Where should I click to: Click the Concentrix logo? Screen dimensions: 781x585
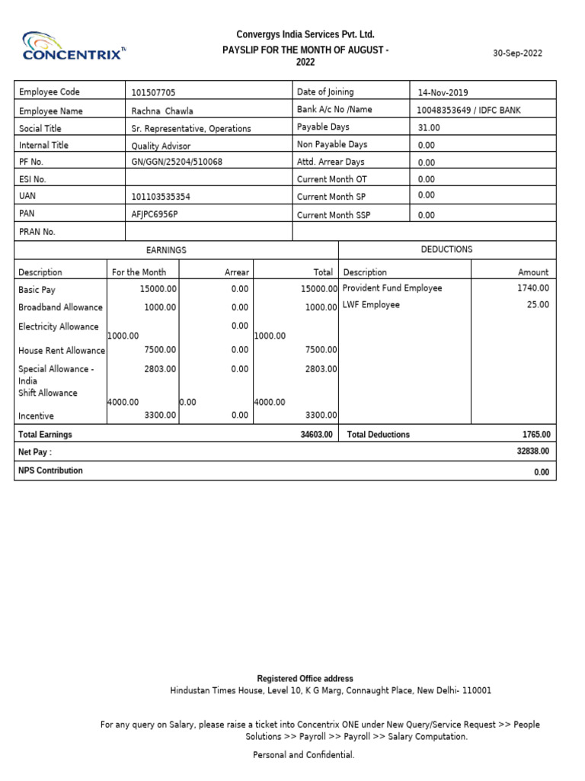[75, 46]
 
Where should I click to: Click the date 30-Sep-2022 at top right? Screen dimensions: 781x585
[518, 53]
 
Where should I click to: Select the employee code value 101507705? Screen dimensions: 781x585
[153, 93]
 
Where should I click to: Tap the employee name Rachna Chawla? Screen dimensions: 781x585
[162, 111]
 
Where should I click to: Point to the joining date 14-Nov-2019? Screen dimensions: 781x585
[443, 93]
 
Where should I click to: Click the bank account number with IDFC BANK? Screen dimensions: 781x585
[468, 110]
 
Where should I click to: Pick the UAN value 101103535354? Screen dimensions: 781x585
[161, 197]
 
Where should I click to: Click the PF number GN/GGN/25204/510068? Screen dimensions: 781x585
[177, 162]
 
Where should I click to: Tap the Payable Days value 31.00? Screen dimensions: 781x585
[429, 127]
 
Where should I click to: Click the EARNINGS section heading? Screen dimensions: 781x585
[166, 250]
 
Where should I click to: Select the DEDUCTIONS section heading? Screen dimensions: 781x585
[446, 249]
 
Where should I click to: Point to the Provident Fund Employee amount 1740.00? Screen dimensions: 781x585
[533, 288]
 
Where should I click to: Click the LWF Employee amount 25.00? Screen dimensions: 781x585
[539, 305]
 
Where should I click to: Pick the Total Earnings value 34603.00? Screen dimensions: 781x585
[316, 435]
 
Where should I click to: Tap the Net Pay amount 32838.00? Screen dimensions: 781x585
[532, 452]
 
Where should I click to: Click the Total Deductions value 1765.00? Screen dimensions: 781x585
[535, 435]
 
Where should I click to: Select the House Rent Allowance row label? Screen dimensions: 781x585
[62, 351]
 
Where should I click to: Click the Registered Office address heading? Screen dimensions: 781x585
[305, 679]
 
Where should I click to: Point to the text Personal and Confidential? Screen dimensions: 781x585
[303, 755]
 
